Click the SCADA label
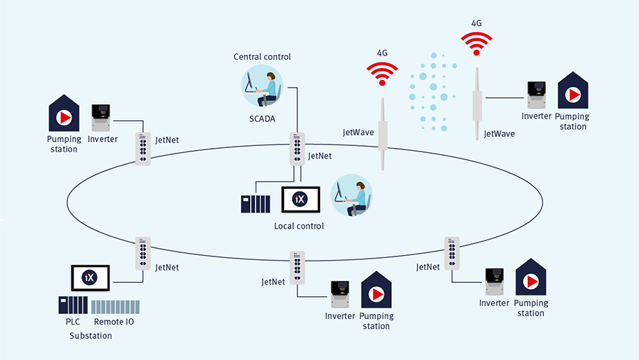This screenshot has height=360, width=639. [x=262, y=119]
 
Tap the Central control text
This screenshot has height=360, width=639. [x=262, y=56]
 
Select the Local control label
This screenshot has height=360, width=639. [x=299, y=227]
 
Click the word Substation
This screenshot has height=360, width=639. [x=90, y=336]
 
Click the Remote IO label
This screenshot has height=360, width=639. [x=113, y=322]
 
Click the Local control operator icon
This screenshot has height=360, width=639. [x=351, y=195]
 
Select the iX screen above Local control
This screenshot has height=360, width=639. [x=299, y=200]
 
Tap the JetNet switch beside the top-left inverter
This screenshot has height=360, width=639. [x=142, y=149]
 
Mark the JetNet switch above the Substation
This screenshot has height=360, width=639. [x=143, y=253]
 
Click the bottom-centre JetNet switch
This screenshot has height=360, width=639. [x=297, y=267]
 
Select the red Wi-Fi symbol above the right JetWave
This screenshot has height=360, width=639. [x=476, y=43]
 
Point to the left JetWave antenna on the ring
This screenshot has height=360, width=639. [x=381, y=133]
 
